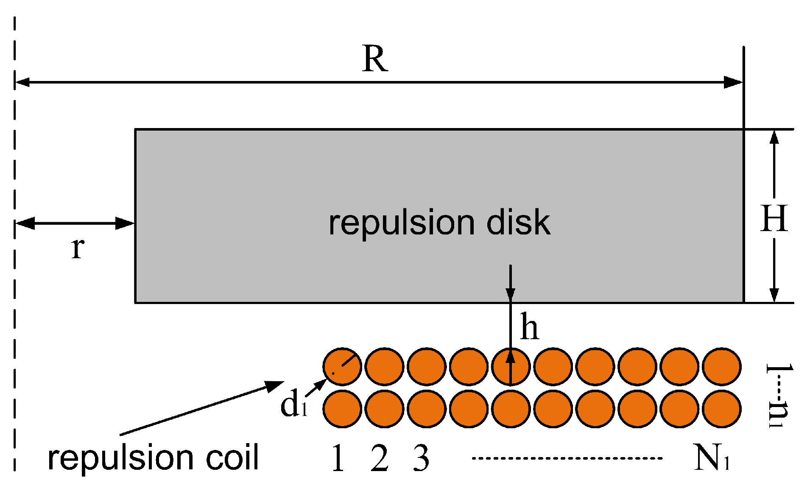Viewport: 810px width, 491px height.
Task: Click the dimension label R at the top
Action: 375,59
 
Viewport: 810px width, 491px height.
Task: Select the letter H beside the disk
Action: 774,218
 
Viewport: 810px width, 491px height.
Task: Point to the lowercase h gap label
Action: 529,327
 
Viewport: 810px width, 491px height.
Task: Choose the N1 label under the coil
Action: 711,458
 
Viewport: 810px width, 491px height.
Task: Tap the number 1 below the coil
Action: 338,458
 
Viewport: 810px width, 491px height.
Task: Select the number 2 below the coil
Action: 379,458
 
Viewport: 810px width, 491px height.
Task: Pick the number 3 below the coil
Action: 421,458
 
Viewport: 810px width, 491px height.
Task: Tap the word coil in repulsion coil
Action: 232,458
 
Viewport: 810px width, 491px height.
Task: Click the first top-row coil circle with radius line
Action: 342,366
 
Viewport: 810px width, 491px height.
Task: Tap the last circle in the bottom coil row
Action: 721,409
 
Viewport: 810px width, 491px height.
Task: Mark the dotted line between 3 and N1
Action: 567,458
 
